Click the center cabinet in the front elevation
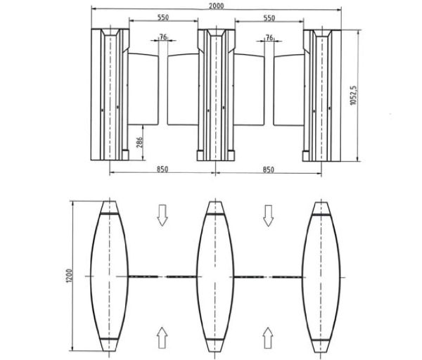pyautogui.click(x=214, y=95)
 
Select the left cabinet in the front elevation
pyautogui.click(x=108, y=95)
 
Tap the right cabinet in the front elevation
pyautogui.click(x=320, y=95)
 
